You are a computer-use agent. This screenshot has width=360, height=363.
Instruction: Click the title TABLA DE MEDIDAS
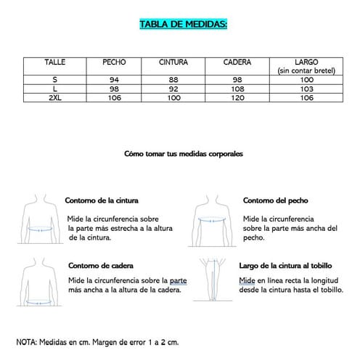(x=183, y=25)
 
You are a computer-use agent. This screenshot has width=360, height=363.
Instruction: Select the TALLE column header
(x=54, y=62)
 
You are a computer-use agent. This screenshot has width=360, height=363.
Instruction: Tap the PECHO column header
(x=114, y=62)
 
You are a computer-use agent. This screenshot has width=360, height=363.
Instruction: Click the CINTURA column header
(x=173, y=62)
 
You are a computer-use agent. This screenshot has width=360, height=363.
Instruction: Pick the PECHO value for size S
(x=114, y=79)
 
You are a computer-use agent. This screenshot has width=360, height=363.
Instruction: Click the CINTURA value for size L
(x=173, y=88)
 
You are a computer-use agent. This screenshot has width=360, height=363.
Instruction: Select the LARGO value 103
(x=305, y=88)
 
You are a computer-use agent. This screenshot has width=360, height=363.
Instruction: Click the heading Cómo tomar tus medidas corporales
(x=184, y=155)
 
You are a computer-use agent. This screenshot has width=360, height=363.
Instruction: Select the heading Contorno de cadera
(x=100, y=266)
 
